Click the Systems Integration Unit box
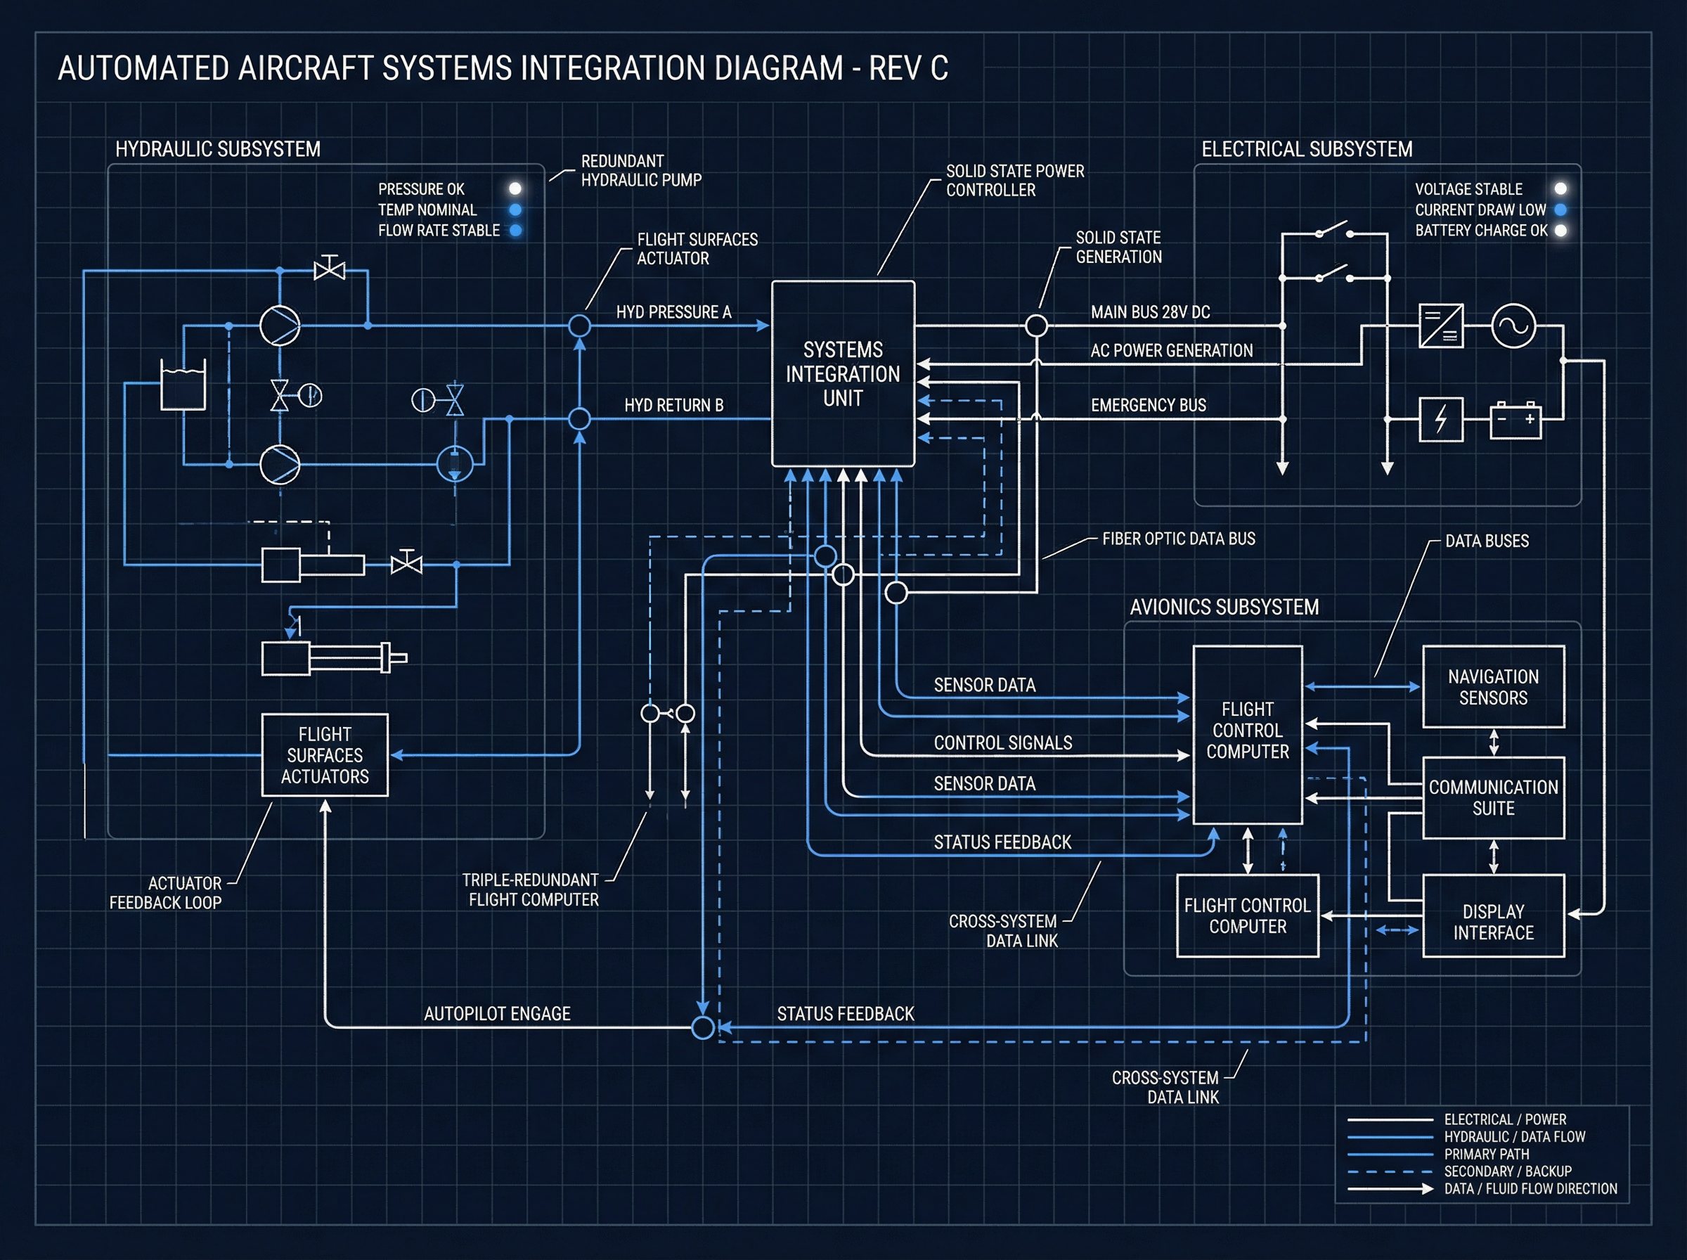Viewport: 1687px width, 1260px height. point(842,374)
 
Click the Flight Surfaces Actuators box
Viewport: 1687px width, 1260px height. point(325,755)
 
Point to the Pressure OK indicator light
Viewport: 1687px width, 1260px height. point(515,188)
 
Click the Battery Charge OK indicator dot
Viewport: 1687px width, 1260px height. point(1560,231)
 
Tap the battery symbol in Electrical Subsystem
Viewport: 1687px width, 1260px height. point(1515,420)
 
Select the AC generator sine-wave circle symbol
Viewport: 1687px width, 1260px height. point(1513,326)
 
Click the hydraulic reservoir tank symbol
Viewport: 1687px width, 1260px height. point(183,385)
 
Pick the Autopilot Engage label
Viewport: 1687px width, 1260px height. point(497,1014)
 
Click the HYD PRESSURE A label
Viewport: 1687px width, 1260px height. point(673,312)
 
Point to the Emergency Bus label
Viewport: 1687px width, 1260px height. point(1148,405)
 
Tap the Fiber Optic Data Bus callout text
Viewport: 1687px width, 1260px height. point(1178,539)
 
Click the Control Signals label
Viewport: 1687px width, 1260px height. point(1002,743)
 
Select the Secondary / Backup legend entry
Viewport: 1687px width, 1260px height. point(1507,1171)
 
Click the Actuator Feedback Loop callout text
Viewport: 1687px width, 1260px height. point(165,893)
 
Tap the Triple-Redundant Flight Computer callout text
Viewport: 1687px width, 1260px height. point(532,890)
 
